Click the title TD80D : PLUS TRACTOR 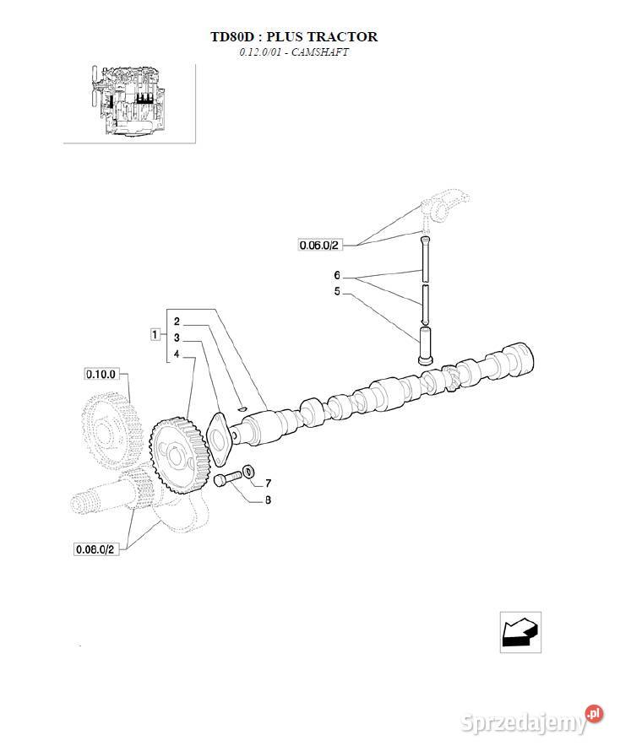[x=294, y=37]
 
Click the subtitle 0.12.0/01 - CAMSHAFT [x=294, y=52]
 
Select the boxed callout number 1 [x=155, y=334]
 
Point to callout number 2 [x=177, y=321]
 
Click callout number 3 [x=177, y=338]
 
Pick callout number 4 [x=177, y=354]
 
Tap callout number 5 [x=337, y=291]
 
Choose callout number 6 [x=337, y=275]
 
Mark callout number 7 [x=268, y=484]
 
